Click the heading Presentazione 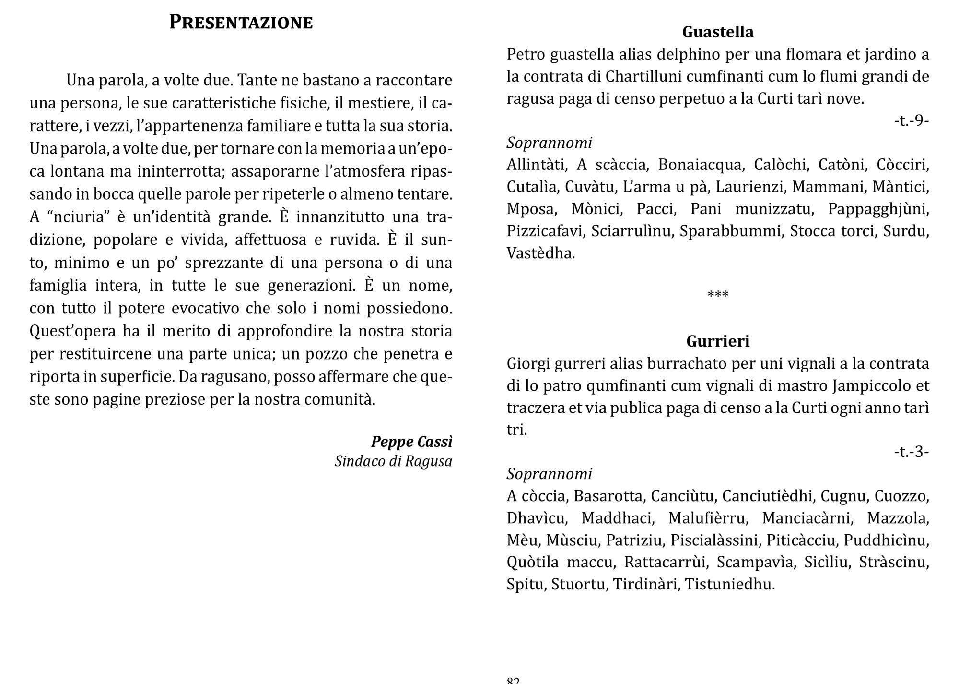click(x=241, y=23)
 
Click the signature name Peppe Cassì click(x=411, y=441)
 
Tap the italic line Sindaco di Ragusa click(x=393, y=461)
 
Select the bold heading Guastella click(x=718, y=32)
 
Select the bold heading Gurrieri click(x=718, y=341)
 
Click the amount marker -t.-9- click(x=911, y=120)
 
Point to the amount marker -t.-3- click(x=911, y=452)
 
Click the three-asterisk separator click(x=718, y=294)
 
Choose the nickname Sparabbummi click(x=731, y=231)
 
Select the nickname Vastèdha click(x=540, y=253)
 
